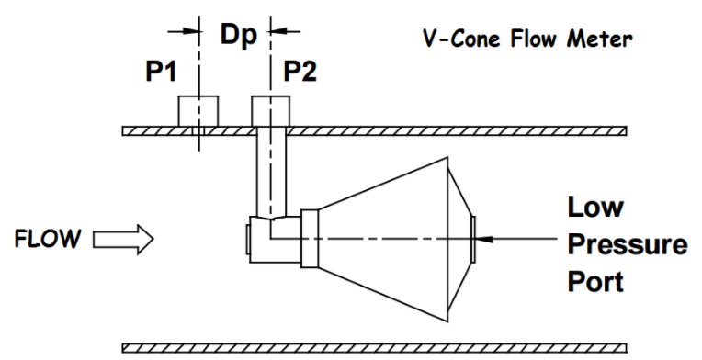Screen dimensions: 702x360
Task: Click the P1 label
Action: (161, 72)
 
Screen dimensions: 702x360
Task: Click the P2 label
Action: (300, 72)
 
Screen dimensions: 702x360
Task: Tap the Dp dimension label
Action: (239, 36)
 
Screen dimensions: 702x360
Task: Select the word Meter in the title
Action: (600, 39)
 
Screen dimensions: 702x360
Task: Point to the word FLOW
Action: (48, 239)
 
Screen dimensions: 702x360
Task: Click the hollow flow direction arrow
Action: (123, 240)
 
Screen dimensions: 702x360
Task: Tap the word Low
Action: (595, 207)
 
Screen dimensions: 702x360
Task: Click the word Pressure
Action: (628, 244)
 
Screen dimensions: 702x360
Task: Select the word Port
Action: (595, 281)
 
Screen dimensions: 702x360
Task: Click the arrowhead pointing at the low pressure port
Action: (484, 239)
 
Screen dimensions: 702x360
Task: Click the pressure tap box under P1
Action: (198, 111)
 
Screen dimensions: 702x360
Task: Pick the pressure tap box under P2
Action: (270, 111)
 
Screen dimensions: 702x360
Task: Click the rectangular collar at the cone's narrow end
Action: (310, 240)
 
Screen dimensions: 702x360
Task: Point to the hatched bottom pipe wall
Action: (374, 348)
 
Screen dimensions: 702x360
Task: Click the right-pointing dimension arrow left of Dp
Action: (183, 31)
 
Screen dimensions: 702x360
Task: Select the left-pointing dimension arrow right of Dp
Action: (285, 31)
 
